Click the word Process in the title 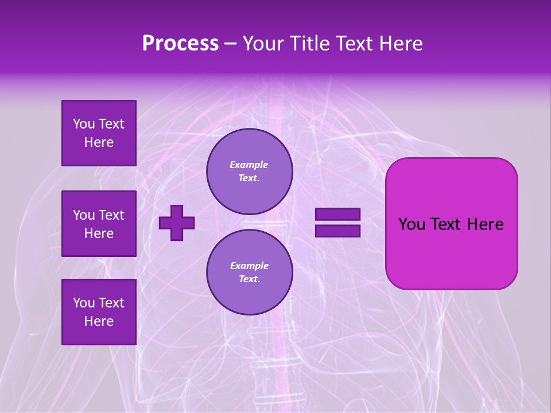tap(180, 44)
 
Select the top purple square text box tap(99, 133)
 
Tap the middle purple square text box tap(99, 224)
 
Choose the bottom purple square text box tap(99, 311)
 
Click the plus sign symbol tap(177, 223)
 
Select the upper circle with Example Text tap(249, 171)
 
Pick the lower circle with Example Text tap(249, 272)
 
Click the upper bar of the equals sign tap(337, 215)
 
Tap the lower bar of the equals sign tap(337, 231)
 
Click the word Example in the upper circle tap(249, 165)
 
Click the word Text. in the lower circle tap(249, 279)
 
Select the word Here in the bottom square tap(99, 321)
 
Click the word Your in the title tap(263, 44)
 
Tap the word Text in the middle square tap(111, 215)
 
